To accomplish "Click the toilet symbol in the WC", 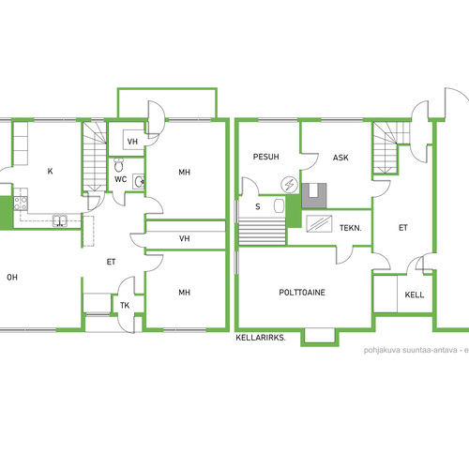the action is [x=118, y=165].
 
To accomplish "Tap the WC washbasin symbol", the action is [x=139, y=182].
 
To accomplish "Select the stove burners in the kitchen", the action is [x=21, y=203].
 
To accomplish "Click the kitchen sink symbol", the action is [x=60, y=220].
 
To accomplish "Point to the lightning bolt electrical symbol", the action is [x=289, y=185].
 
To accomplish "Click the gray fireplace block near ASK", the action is [x=314, y=196].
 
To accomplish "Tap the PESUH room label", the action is [x=265, y=157].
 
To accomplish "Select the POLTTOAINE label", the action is [x=302, y=293].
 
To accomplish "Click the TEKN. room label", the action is [x=351, y=228].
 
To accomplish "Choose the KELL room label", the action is [x=415, y=295].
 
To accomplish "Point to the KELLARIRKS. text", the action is [x=261, y=338].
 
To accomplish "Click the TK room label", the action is [x=125, y=305].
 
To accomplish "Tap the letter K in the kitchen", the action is [x=50, y=171].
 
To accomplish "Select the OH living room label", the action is [x=12, y=277].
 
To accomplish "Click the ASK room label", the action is [x=340, y=158].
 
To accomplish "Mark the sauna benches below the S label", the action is [x=262, y=232].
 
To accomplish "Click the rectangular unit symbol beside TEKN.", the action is [x=319, y=223].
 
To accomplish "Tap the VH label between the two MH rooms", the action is [x=185, y=238].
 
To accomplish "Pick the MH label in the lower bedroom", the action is [x=184, y=293].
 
